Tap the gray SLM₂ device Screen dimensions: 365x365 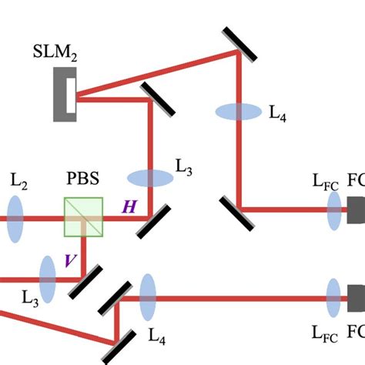pos(64,94)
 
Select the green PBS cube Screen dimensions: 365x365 pos(83,217)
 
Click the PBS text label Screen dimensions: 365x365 pos(83,187)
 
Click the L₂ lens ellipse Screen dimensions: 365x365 pos(15,217)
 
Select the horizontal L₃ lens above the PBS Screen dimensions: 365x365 pos(150,179)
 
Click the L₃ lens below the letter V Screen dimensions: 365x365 pos(48,279)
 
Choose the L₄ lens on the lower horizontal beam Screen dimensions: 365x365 pos(148,297)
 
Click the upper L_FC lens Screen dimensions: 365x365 pos(333,210)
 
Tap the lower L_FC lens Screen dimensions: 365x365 pos(333,297)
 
